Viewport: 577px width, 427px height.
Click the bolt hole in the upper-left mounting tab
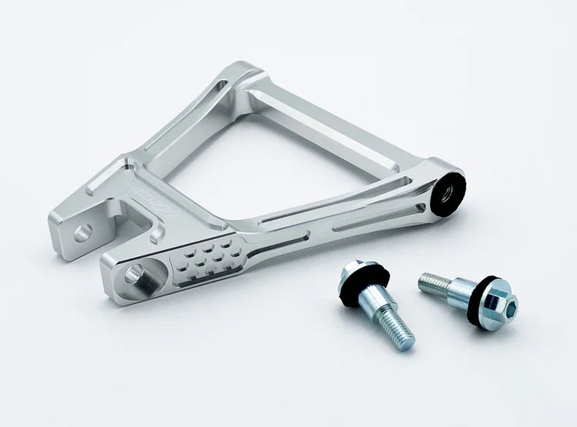(x=82, y=230)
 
